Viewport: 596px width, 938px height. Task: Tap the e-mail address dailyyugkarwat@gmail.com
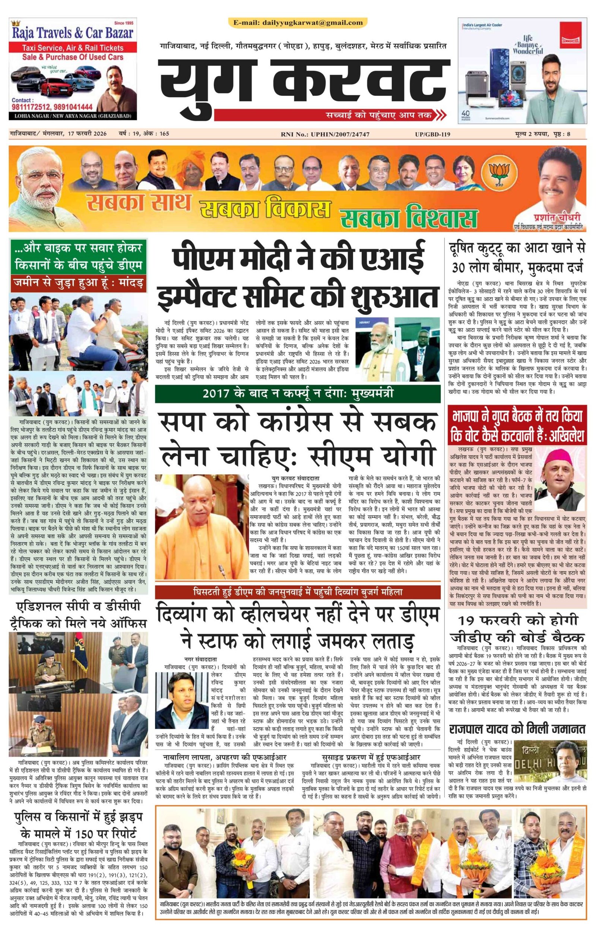[298, 23]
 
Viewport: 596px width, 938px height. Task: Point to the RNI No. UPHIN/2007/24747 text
[325, 134]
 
